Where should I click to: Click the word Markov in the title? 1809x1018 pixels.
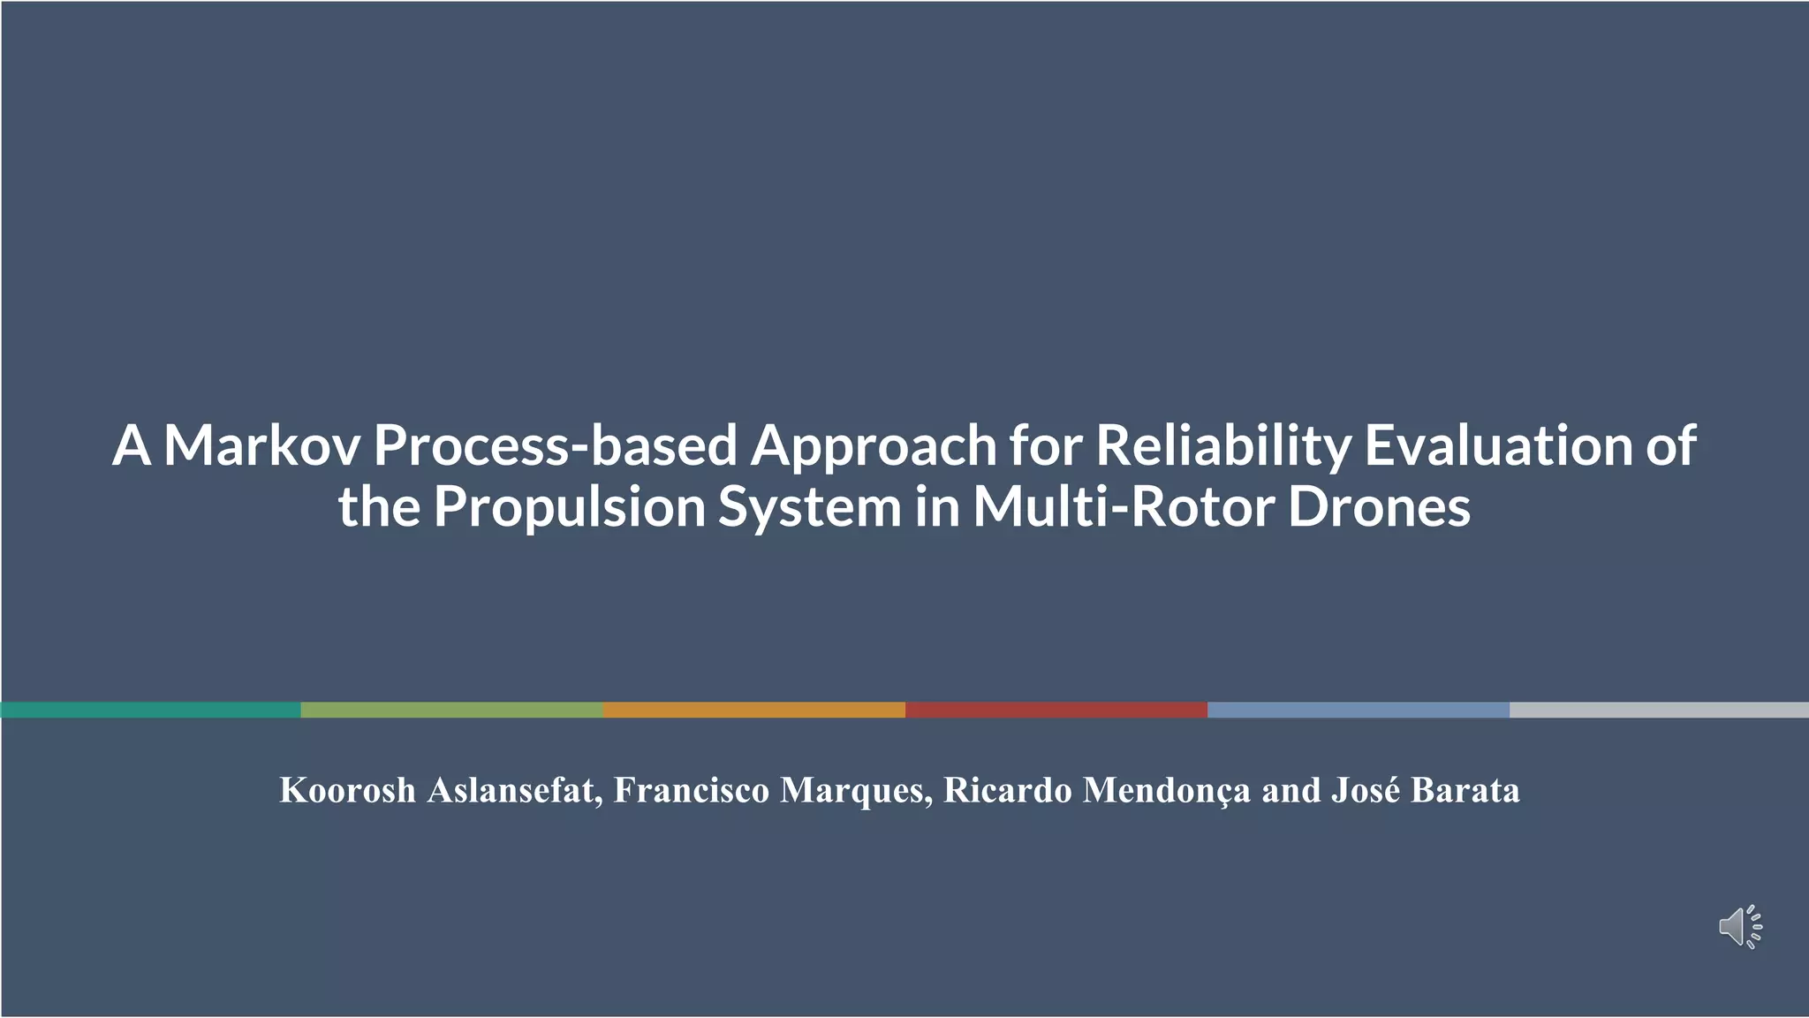(x=261, y=445)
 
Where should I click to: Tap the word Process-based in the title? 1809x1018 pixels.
(x=555, y=445)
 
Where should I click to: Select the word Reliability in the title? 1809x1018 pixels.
(x=1223, y=445)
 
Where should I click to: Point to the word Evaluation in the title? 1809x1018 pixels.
(x=1497, y=445)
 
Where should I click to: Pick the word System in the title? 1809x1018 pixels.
(x=809, y=507)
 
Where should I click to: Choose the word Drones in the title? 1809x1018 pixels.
(x=1379, y=507)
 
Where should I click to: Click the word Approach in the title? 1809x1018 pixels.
(x=874, y=445)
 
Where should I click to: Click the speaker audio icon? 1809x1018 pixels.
(x=1739, y=927)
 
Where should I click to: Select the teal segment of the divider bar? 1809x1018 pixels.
(x=150, y=710)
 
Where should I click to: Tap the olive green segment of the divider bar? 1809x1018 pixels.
(x=451, y=710)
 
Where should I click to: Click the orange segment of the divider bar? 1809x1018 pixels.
(x=753, y=710)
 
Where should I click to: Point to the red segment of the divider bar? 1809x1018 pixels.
(x=1056, y=710)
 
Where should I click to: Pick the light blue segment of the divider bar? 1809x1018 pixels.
(x=1358, y=710)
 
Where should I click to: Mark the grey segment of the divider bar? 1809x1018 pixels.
(x=1659, y=710)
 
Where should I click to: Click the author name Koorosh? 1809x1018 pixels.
(x=347, y=790)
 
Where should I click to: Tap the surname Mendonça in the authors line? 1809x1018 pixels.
(x=1166, y=790)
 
